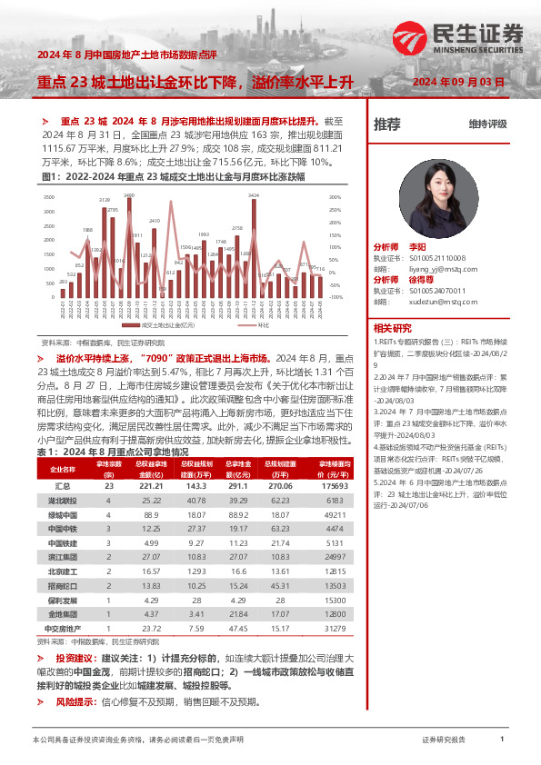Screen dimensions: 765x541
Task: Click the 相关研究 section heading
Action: (393, 328)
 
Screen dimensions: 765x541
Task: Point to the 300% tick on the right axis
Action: (335, 196)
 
